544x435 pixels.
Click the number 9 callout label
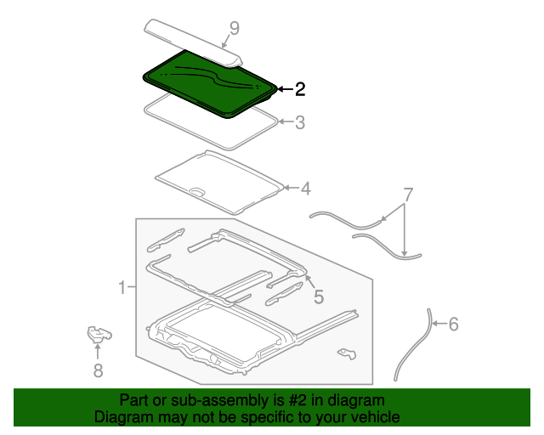(x=234, y=28)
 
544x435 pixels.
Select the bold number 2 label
(x=299, y=88)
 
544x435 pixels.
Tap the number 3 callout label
(x=299, y=122)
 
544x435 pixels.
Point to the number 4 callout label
(x=305, y=188)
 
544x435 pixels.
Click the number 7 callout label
(x=408, y=195)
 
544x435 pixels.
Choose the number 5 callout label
(x=319, y=297)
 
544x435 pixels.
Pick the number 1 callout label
(x=122, y=287)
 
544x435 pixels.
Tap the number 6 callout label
(x=452, y=324)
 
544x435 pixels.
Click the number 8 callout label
(x=98, y=370)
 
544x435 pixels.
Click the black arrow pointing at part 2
(x=284, y=88)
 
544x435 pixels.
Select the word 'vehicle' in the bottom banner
(x=373, y=417)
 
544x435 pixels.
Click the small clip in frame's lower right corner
(x=345, y=352)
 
